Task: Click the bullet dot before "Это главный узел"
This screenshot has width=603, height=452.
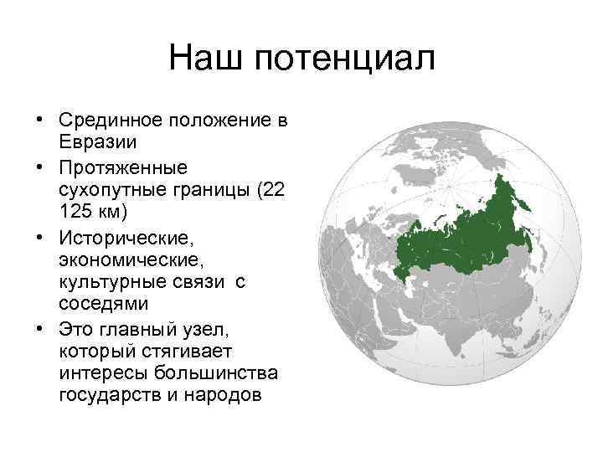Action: click(39, 322)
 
